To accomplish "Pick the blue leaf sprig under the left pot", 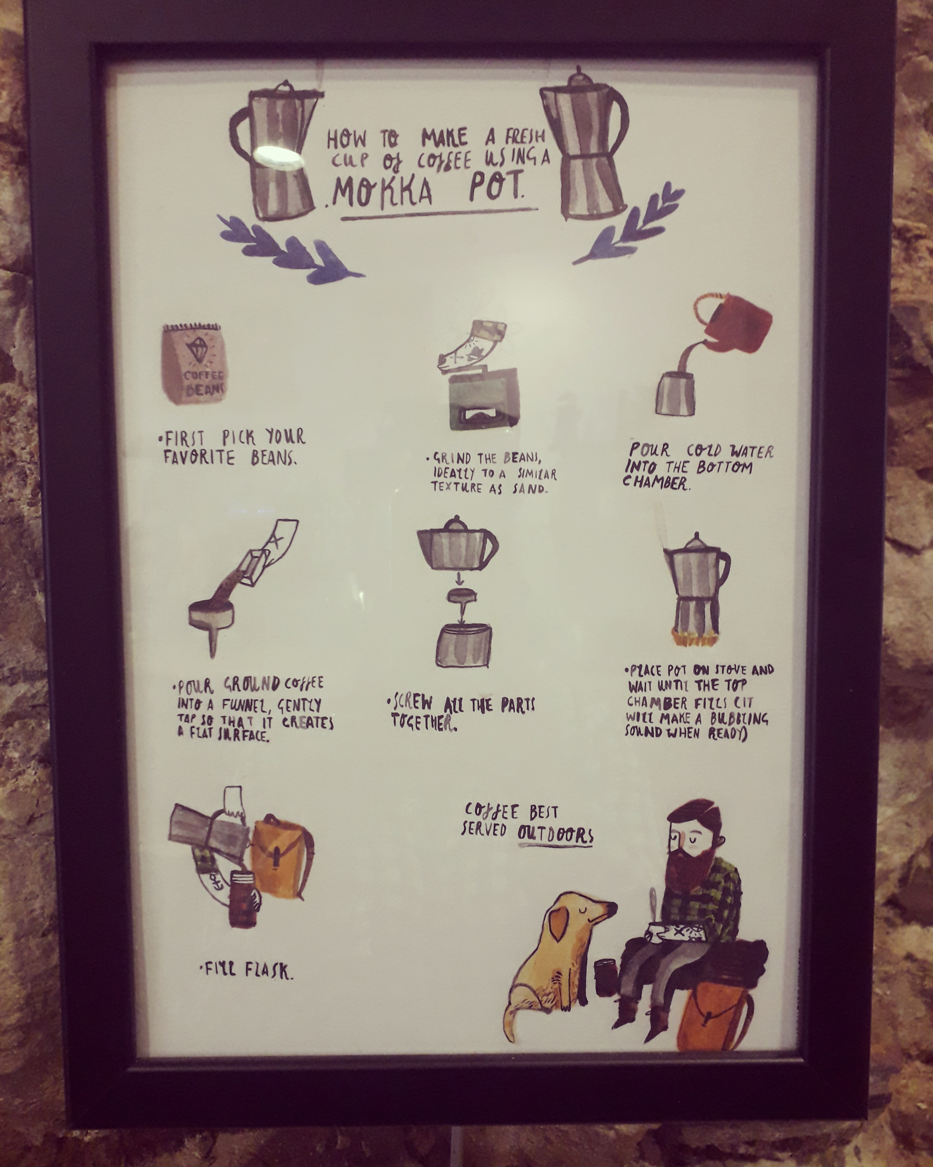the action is pos(291,247).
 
